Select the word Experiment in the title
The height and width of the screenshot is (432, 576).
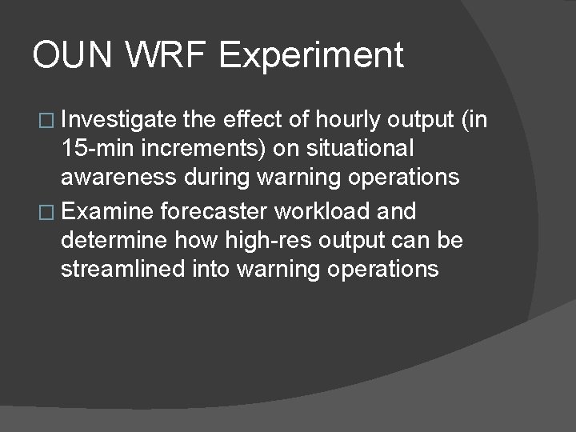311,56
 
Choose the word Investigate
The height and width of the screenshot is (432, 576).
118,121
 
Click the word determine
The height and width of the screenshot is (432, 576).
111,240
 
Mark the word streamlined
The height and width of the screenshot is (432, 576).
124,268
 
